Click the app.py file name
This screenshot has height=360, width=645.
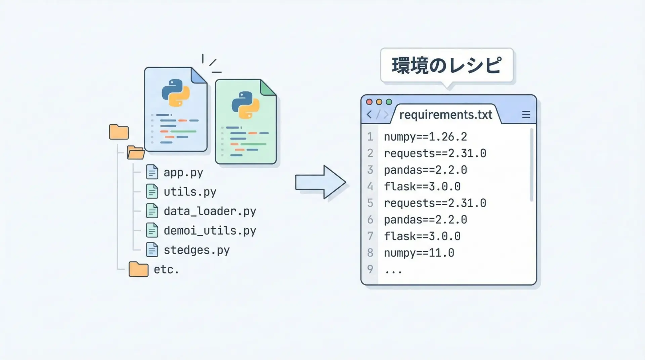pos(183,173)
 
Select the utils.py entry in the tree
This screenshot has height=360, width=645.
pos(190,192)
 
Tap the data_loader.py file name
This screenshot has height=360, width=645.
pos(210,211)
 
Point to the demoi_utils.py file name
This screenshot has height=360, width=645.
pos(210,231)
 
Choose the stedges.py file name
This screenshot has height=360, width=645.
pos(197,250)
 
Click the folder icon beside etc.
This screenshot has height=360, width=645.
pos(138,269)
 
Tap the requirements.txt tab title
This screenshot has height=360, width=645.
pos(445,115)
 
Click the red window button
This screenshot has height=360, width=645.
pos(369,102)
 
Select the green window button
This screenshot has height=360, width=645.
pos(389,102)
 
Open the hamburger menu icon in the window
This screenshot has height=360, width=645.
pos(526,115)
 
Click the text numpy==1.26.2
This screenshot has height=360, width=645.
pos(425,137)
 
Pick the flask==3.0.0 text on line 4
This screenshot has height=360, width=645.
pos(422,187)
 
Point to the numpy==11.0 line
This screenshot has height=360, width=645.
pos(419,253)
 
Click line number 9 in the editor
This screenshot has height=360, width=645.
pos(370,269)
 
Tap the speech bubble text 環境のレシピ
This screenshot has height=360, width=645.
pos(446,65)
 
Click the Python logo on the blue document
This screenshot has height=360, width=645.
pos(176,93)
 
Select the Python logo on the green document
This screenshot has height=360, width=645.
pos(246,105)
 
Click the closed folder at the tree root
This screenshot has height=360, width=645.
pos(119,132)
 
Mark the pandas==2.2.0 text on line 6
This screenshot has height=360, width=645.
pos(425,220)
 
